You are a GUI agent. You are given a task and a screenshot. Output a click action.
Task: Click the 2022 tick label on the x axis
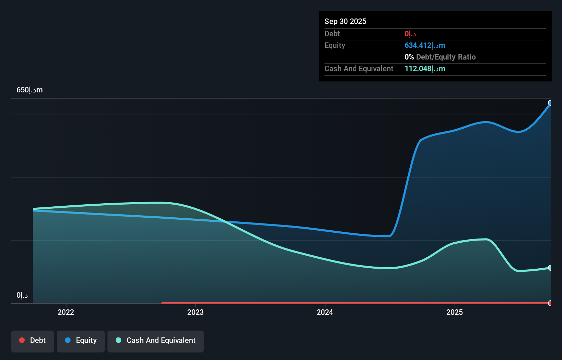click(66, 312)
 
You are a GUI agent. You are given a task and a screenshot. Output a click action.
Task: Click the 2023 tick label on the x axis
click(195, 312)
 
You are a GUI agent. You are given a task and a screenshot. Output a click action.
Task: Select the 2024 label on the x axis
click(325, 312)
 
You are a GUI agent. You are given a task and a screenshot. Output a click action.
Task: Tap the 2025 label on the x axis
click(455, 312)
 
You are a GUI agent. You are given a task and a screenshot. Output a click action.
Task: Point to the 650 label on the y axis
click(29, 90)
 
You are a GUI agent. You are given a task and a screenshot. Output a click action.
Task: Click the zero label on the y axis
click(22, 295)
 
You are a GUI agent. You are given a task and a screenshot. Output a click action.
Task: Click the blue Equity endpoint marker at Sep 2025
click(550, 103)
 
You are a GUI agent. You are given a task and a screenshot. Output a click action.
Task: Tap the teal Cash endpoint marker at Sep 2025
click(550, 268)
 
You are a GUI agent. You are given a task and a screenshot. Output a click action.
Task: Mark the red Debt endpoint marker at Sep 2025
click(550, 303)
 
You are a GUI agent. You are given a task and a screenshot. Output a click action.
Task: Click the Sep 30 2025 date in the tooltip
click(345, 21)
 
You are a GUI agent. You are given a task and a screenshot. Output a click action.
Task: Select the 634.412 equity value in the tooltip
click(425, 46)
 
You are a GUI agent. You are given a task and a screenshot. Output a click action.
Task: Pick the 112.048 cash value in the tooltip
click(425, 69)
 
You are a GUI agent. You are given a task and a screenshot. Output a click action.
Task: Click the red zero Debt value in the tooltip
click(410, 34)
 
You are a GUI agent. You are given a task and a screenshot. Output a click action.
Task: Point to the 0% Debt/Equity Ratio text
click(440, 57)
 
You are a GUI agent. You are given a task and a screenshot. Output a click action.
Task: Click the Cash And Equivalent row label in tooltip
click(359, 69)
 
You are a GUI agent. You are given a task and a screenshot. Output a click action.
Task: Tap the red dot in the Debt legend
click(22, 340)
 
